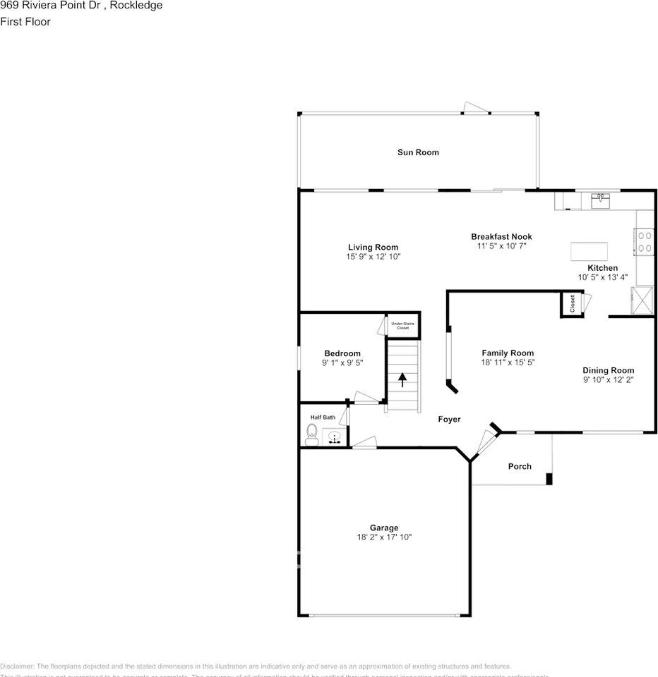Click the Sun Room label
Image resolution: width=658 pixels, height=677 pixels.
[418, 152]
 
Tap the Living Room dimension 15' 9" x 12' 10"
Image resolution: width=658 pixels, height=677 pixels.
[373, 257]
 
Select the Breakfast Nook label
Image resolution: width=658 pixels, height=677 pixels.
[501, 237]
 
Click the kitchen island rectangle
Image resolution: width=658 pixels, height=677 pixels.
[589, 251]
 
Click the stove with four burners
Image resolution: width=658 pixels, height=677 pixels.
[645, 242]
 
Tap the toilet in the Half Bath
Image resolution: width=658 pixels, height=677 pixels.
[311, 434]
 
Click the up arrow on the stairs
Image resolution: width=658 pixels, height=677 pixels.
[402, 380]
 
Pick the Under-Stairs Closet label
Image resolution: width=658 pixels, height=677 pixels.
[402, 326]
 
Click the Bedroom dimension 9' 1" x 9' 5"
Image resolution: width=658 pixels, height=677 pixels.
[342, 364]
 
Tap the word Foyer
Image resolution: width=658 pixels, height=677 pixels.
[449, 420]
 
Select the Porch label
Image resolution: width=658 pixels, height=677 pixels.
[520, 466]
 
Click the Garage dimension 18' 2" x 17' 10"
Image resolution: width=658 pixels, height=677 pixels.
[384, 537]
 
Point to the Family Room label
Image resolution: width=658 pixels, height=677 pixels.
[508, 353]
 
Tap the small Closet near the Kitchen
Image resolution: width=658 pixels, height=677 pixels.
[572, 304]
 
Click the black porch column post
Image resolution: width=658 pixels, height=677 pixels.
[549, 479]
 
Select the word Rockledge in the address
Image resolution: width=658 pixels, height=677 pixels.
[136, 6]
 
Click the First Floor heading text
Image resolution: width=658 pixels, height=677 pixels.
[25, 22]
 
